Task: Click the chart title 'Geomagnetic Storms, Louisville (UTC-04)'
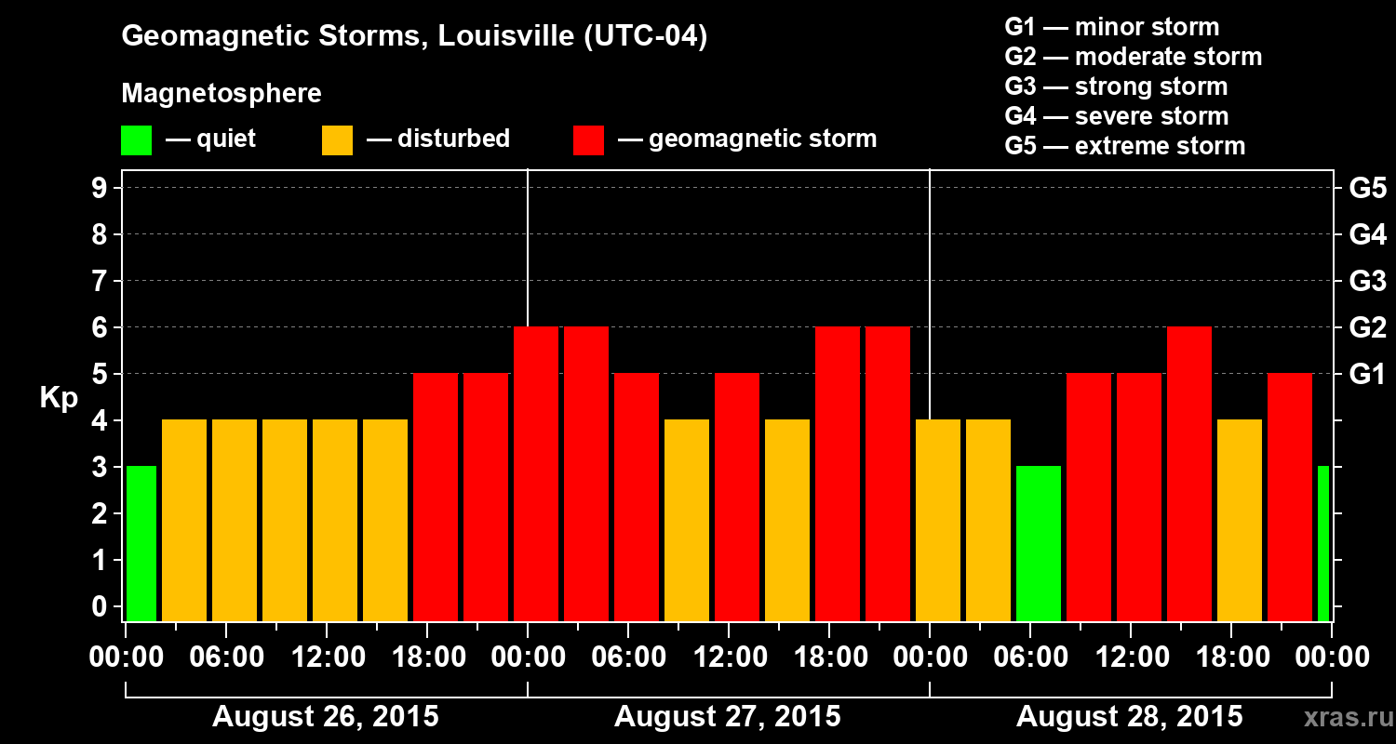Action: [x=414, y=37]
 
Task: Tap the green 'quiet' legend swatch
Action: [x=136, y=140]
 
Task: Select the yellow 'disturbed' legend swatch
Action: [x=337, y=140]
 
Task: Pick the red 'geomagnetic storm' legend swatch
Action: [x=589, y=140]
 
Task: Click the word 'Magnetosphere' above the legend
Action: [x=221, y=94]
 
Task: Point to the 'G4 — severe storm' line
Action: [x=1116, y=116]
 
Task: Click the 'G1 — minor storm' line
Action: [x=1111, y=27]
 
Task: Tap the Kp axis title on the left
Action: [x=59, y=397]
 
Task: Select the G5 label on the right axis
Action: [x=1367, y=188]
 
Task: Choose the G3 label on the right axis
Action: [x=1367, y=281]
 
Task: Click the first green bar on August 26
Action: [x=141, y=543]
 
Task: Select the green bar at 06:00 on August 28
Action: [x=1039, y=543]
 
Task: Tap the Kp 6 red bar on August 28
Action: [x=1189, y=473]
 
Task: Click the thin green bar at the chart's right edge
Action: [x=1323, y=543]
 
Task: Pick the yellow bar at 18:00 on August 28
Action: [x=1240, y=520]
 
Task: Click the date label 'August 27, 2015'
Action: [x=727, y=717]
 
